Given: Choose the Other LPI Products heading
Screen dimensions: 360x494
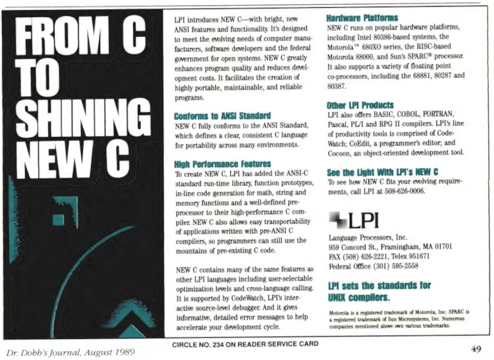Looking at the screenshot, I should click(x=360, y=105).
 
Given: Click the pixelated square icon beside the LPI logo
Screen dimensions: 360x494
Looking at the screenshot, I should click(x=337, y=218).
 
